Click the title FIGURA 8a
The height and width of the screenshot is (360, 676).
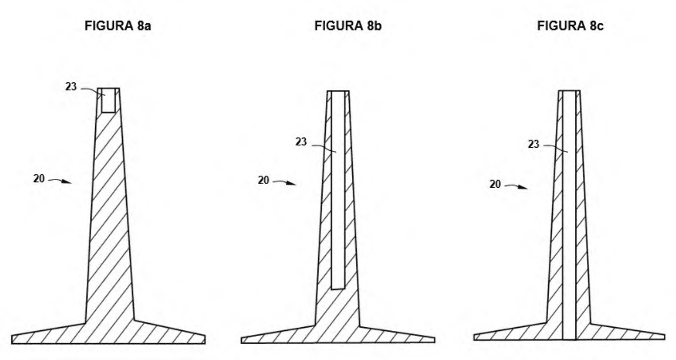118,26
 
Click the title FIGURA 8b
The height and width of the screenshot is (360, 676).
348,26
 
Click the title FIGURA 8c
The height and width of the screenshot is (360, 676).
570,26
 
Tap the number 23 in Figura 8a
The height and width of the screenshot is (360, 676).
71,87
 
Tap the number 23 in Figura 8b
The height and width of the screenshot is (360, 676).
301,142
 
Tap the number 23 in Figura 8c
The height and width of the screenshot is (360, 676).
533,144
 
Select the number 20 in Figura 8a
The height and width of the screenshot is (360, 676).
39,178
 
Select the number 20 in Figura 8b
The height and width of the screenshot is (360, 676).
263,180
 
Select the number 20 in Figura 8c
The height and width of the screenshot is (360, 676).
495,184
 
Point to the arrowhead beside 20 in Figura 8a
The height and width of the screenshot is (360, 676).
67,182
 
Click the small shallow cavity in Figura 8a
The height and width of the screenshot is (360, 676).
108,101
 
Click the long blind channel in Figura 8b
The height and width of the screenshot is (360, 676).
338,190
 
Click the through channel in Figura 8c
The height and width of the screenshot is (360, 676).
569,215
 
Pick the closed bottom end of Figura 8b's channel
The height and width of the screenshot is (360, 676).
338,289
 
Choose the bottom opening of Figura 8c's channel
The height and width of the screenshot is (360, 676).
569,340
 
